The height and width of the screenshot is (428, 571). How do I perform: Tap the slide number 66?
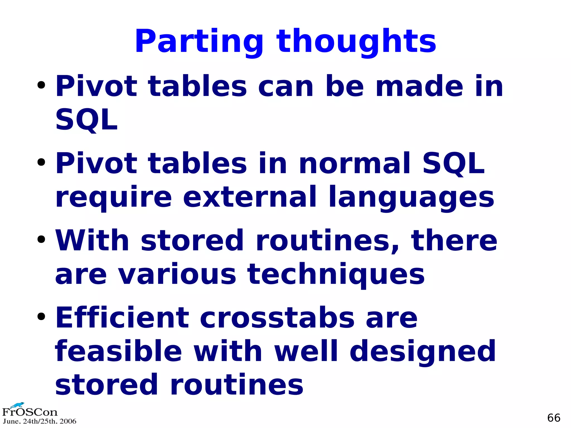(x=553, y=418)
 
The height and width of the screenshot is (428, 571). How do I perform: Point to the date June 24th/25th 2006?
(x=39, y=421)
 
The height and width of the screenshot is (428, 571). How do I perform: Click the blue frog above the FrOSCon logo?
(x=18, y=405)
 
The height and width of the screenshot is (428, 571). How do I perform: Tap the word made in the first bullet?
(x=419, y=86)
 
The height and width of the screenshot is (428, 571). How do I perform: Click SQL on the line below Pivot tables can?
(x=86, y=120)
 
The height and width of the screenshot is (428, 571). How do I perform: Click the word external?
(x=250, y=197)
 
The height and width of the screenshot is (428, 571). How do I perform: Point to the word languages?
(x=411, y=197)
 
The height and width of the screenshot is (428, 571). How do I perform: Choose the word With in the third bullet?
(x=92, y=240)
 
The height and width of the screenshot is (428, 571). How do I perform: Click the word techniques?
(x=336, y=275)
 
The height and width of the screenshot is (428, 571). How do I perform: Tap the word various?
(x=177, y=275)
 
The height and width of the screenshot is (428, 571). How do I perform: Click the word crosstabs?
(x=277, y=318)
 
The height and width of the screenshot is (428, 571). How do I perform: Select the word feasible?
(x=118, y=351)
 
